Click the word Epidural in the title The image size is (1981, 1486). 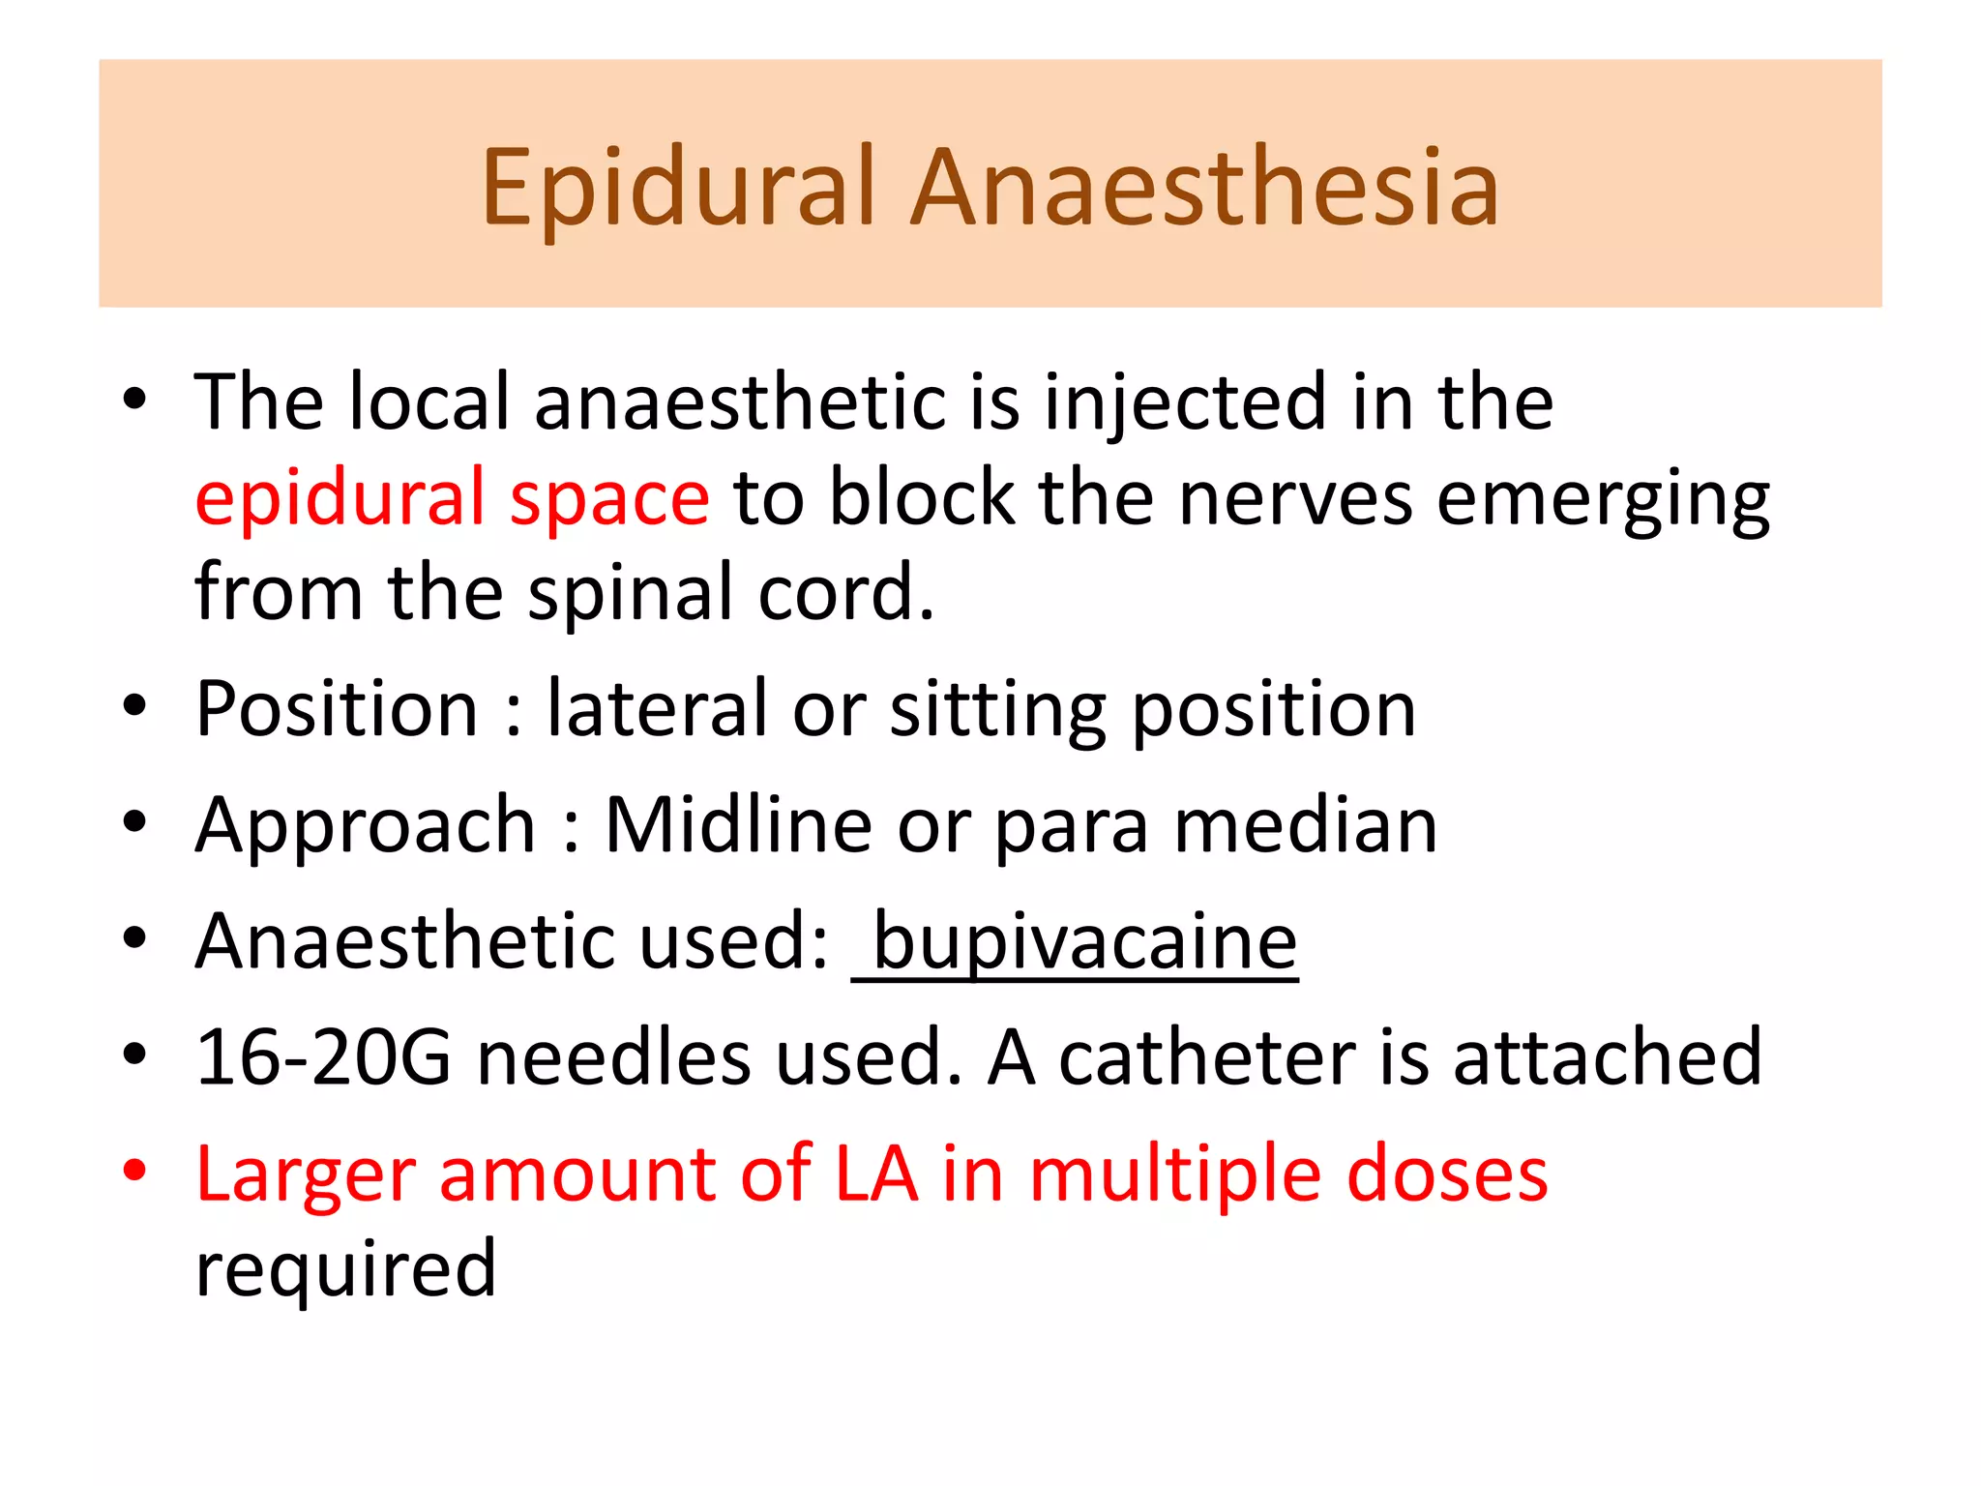(x=677, y=188)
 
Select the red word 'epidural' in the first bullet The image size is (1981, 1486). (x=340, y=498)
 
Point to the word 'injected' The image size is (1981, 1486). (x=1186, y=402)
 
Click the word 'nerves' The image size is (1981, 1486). (x=1295, y=498)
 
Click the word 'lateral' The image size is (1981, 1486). (x=658, y=708)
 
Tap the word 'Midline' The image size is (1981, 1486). (x=738, y=824)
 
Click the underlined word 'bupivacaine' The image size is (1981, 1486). (x=1084, y=941)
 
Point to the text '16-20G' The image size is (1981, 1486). (x=323, y=1056)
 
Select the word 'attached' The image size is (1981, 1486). (x=1608, y=1056)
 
